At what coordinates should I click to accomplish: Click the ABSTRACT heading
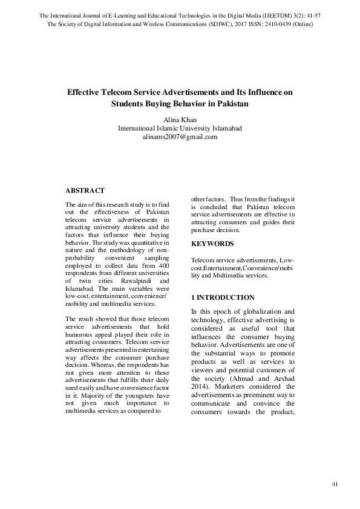(85, 190)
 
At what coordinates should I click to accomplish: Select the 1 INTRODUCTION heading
(223, 298)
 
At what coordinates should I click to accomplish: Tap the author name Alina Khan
(180, 120)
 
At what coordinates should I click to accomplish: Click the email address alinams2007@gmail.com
(180, 137)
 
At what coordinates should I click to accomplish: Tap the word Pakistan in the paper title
(232, 103)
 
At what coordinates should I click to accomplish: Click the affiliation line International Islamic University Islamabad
(180, 128)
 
